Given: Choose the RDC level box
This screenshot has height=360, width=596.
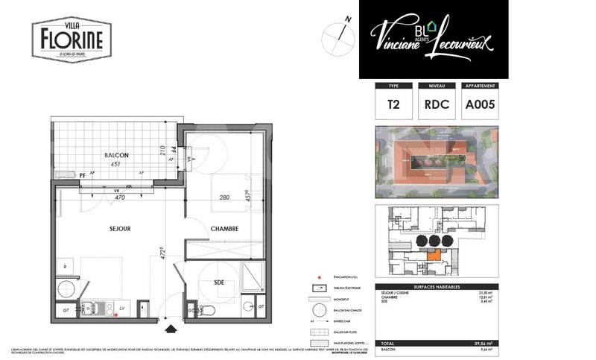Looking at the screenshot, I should point(436,105).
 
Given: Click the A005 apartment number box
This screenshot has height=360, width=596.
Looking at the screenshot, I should point(481,105).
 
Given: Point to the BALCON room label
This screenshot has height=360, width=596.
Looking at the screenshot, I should point(116,155).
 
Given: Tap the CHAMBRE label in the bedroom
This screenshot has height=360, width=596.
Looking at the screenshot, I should point(224,229).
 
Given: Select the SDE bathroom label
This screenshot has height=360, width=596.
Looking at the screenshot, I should point(219,283).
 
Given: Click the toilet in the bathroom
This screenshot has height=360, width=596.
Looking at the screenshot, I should point(210,309).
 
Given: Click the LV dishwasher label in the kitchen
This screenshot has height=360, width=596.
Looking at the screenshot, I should point(122,308).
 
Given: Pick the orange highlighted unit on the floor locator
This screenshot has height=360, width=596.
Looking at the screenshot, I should point(432,255).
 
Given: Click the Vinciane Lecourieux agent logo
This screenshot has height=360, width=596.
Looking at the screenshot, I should point(434,39).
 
